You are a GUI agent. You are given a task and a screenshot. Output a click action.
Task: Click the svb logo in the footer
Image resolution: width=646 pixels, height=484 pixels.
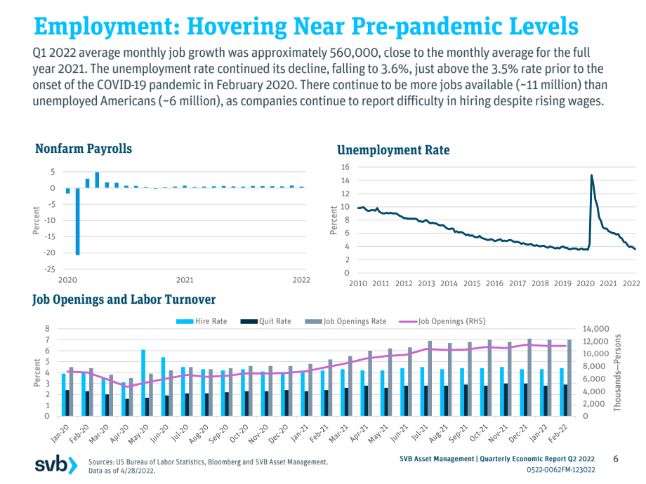(x=56, y=464)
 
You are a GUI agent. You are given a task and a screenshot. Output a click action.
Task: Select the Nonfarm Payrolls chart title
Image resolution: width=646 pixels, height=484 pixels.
(x=84, y=149)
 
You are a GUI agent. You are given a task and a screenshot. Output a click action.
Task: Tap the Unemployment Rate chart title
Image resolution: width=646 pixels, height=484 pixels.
(x=393, y=150)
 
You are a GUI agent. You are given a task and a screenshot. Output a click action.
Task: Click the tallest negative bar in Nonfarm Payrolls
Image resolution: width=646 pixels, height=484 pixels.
(x=77, y=222)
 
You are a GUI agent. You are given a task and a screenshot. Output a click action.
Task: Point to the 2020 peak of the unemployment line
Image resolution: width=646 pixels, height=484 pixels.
(x=592, y=175)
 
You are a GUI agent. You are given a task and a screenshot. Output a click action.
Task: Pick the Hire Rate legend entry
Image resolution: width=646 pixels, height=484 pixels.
(x=202, y=321)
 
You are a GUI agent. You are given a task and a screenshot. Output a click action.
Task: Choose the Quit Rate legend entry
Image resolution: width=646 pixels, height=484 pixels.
(x=265, y=321)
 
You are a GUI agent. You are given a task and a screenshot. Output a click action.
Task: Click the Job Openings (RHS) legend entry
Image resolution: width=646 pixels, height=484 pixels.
(x=442, y=321)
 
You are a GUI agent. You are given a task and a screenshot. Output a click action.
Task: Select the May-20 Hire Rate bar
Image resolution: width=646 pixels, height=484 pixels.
(x=143, y=383)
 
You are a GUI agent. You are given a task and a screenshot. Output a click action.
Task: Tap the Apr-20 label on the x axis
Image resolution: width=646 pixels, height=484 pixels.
(x=120, y=433)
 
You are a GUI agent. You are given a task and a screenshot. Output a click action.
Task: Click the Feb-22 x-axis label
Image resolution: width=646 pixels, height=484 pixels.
(x=558, y=433)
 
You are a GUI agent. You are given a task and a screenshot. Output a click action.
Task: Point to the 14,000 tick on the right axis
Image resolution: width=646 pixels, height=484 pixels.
(x=595, y=329)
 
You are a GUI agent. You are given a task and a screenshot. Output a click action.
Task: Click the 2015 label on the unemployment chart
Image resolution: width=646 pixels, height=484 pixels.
(x=472, y=283)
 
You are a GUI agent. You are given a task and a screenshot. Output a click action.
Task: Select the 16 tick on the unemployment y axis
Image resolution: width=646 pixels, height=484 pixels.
(x=345, y=167)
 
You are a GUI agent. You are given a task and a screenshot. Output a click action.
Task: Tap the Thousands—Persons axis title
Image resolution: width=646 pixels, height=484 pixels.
(x=617, y=372)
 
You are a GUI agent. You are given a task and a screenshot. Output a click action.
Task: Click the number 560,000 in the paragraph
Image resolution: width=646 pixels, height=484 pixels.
(x=354, y=53)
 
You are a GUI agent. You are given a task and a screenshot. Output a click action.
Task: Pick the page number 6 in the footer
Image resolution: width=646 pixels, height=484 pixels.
(x=616, y=459)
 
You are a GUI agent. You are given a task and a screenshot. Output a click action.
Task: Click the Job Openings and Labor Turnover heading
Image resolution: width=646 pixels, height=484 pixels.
(x=124, y=300)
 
